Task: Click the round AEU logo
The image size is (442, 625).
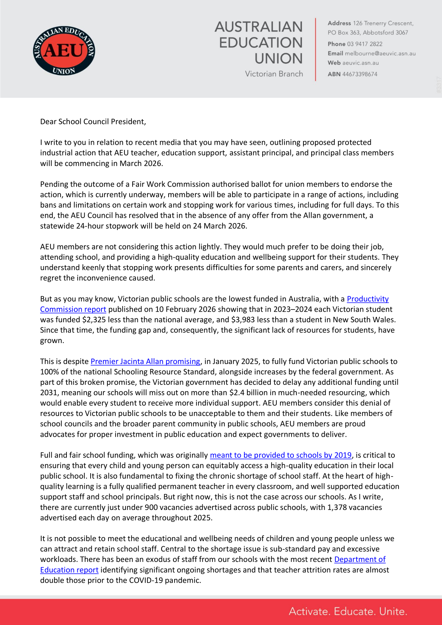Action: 64,50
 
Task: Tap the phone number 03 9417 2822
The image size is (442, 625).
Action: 364,44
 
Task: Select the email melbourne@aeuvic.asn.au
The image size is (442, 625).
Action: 380,53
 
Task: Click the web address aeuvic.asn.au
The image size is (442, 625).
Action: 360,63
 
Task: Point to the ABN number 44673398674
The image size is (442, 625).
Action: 360,74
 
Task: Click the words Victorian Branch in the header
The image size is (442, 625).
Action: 274,74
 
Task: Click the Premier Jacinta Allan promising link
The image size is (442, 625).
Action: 145,361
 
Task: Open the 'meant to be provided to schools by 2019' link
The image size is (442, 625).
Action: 280,455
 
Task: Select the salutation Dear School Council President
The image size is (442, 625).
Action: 93,122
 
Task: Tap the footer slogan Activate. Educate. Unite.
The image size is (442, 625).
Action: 348,612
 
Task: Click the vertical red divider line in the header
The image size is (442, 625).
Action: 316,49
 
